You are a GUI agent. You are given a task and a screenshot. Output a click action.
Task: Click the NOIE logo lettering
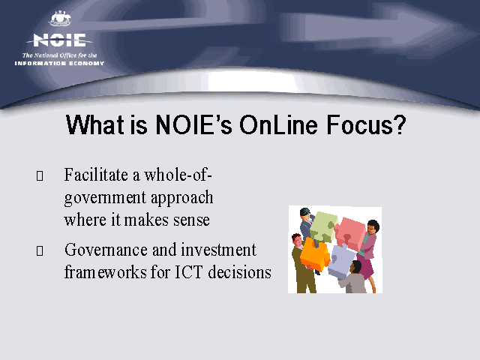59,40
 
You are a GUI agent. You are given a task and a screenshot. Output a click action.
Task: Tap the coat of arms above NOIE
61,19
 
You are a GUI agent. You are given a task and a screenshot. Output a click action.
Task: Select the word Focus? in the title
366,124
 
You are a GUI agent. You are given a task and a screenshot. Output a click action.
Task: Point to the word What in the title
95,124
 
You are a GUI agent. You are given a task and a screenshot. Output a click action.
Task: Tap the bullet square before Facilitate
40,175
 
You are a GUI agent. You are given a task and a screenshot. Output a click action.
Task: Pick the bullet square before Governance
40,250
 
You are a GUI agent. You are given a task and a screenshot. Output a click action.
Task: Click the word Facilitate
96,175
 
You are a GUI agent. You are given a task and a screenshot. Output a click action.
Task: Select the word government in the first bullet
105,198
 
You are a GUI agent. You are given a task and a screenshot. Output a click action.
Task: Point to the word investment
218,250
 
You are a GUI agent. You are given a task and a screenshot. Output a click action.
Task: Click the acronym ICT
188,271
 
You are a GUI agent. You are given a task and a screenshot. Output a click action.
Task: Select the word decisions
239,271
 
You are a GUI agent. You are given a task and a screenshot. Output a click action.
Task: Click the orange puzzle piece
314,255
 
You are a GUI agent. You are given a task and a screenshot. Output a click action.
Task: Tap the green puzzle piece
323,226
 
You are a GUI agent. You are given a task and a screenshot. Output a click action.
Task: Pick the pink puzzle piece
351,233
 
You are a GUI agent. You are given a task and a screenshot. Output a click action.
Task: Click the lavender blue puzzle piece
340,261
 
